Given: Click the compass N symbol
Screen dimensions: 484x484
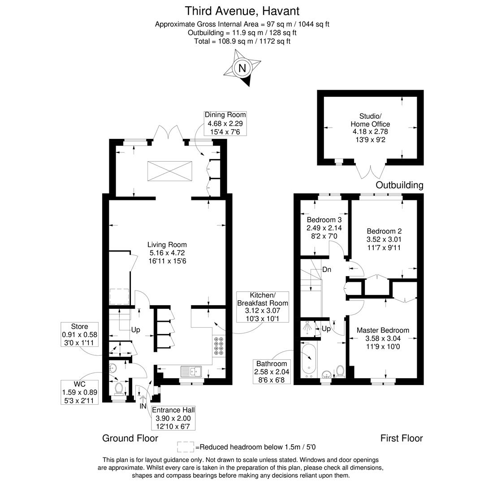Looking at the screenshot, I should (242, 69).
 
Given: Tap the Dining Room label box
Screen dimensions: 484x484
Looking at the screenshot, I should (225, 123).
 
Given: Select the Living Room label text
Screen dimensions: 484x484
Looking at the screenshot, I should (167, 253).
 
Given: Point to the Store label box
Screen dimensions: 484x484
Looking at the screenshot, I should (79, 334).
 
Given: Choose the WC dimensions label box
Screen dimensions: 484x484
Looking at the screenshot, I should (80, 392).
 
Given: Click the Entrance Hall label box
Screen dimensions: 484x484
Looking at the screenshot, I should (173, 418).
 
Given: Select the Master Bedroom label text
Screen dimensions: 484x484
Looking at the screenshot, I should (383, 338).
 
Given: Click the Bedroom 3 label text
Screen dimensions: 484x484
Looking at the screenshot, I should (324, 228).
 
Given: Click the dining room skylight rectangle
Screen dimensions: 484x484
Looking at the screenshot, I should (169, 171).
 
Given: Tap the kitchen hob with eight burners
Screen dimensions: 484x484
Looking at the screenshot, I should (219, 346).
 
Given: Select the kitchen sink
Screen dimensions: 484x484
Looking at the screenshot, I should (191, 371).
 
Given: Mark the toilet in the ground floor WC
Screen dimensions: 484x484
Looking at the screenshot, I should (119, 388).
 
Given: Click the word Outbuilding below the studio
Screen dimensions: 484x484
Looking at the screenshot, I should (399, 185).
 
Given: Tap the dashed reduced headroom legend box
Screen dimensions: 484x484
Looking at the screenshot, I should (185, 447).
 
